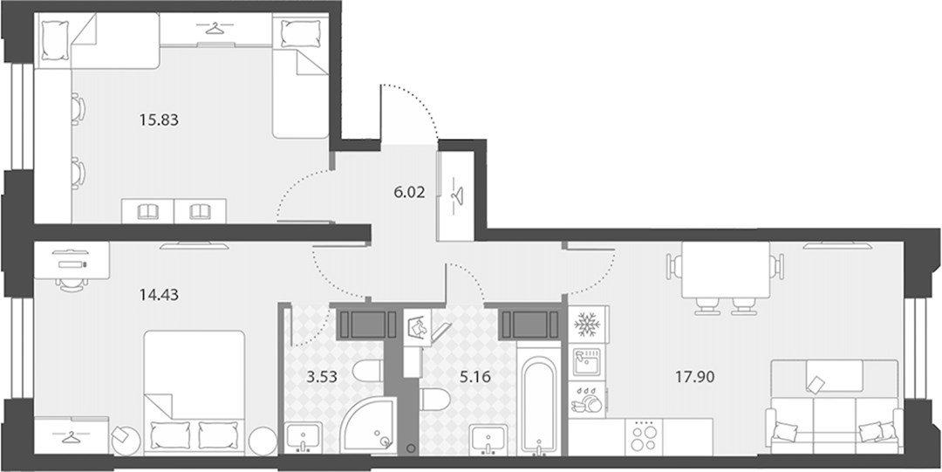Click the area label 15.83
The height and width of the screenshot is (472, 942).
click(x=160, y=120)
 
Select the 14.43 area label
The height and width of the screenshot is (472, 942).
click(x=160, y=295)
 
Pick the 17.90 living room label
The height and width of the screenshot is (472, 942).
click(x=694, y=378)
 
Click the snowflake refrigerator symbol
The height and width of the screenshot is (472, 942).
click(x=588, y=324)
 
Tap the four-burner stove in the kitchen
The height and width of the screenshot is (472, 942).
click(x=644, y=437)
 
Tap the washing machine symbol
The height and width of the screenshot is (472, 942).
click(x=419, y=328)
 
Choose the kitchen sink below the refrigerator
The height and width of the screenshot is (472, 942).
click(x=586, y=362)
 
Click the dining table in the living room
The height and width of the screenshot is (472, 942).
click(x=727, y=270)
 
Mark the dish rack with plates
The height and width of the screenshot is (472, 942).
click(x=586, y=400)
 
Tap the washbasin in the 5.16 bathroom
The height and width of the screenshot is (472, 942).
click(x=488, y=439)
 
